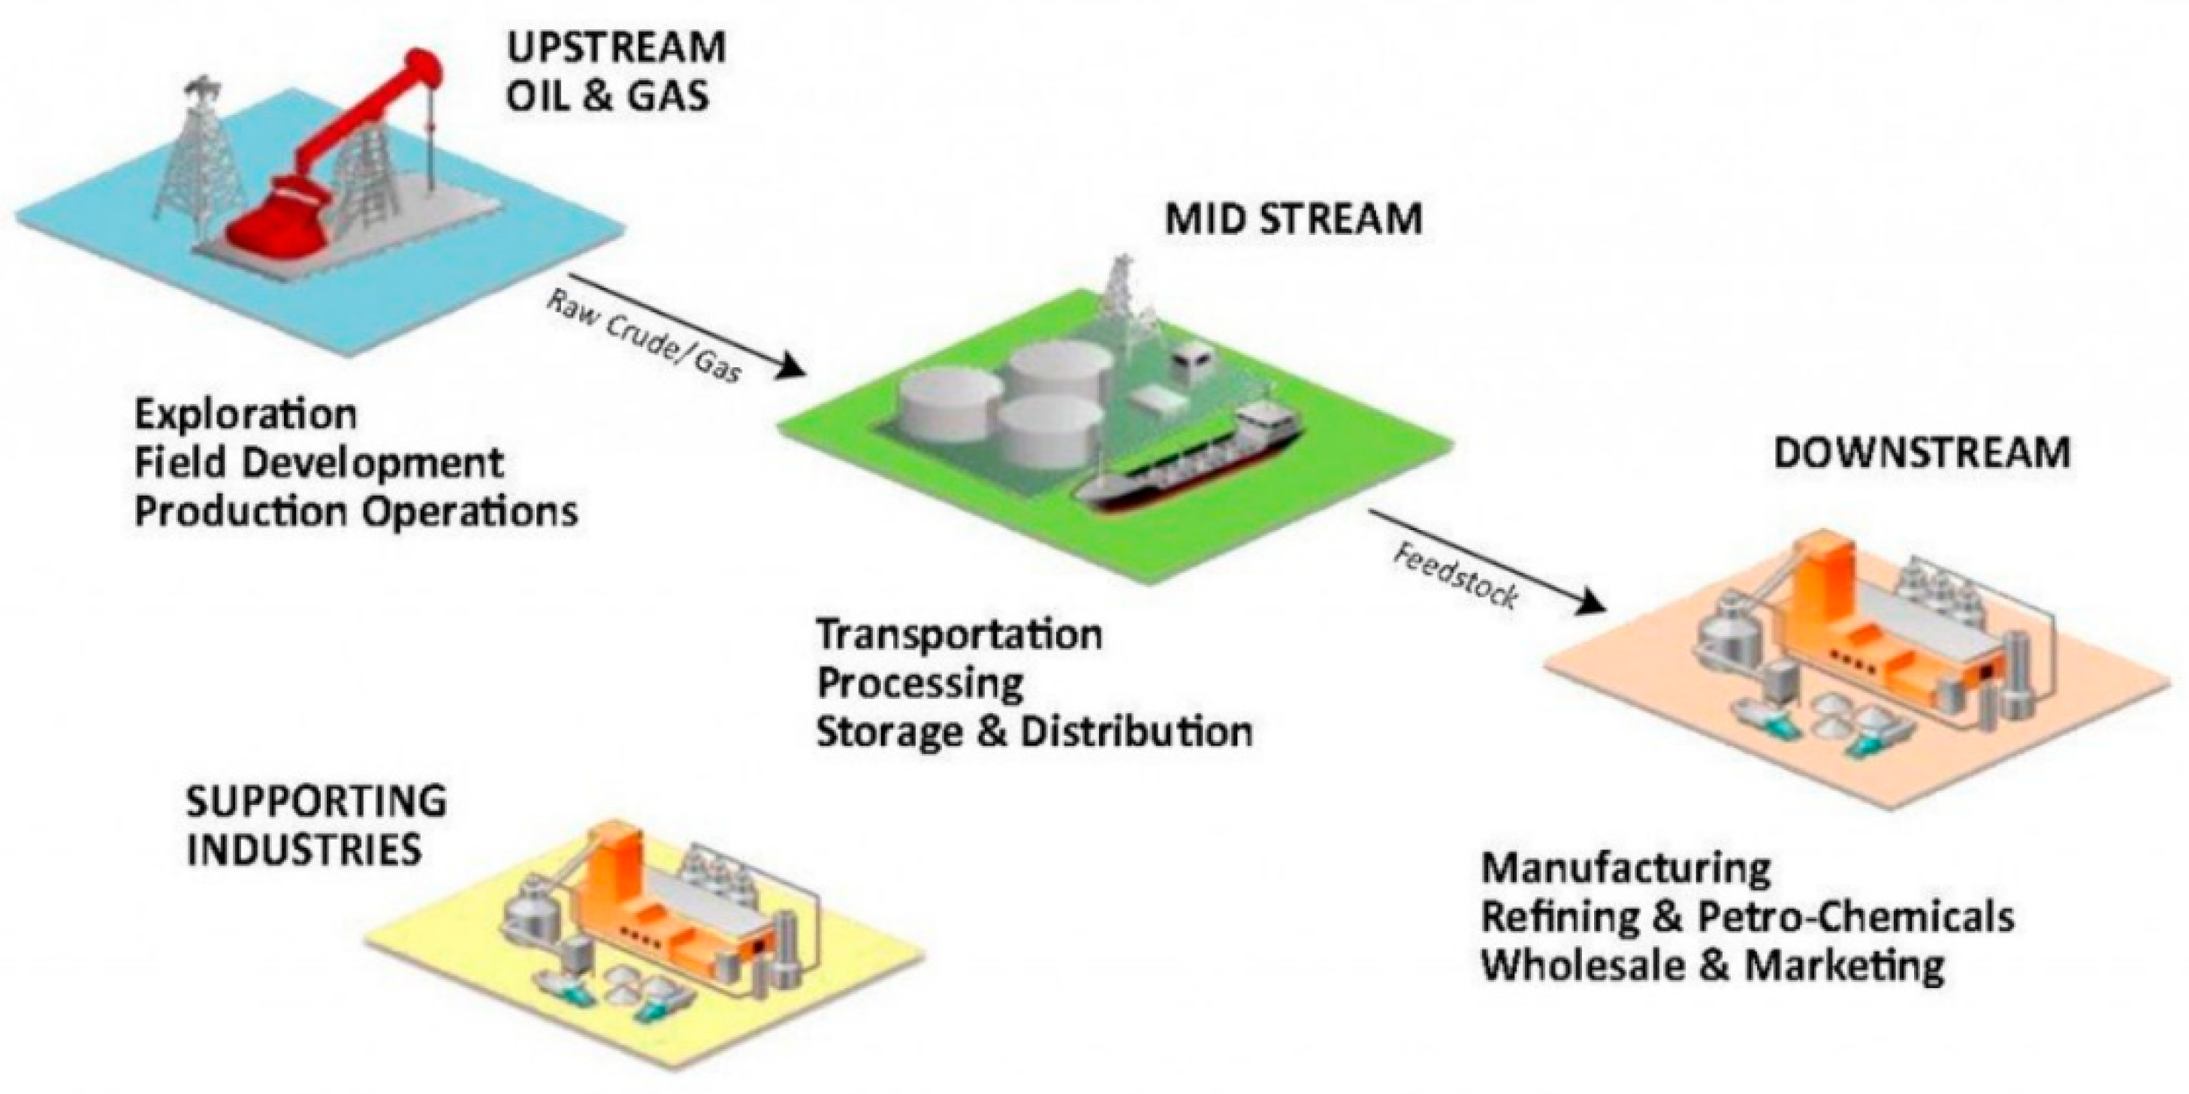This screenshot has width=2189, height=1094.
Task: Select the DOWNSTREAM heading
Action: coord(1922,453)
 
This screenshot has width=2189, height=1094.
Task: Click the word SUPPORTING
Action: coord(316,801)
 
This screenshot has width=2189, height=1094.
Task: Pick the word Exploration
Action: coord(246,414)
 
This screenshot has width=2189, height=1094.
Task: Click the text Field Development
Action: coord(319,464)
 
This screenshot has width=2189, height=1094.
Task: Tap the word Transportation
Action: coord(959,634)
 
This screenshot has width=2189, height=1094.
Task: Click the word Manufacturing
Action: coord(1626,868)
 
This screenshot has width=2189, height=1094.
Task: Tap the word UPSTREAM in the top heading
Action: coord(616,48)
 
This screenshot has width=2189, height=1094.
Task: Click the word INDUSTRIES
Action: coord(303,849)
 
